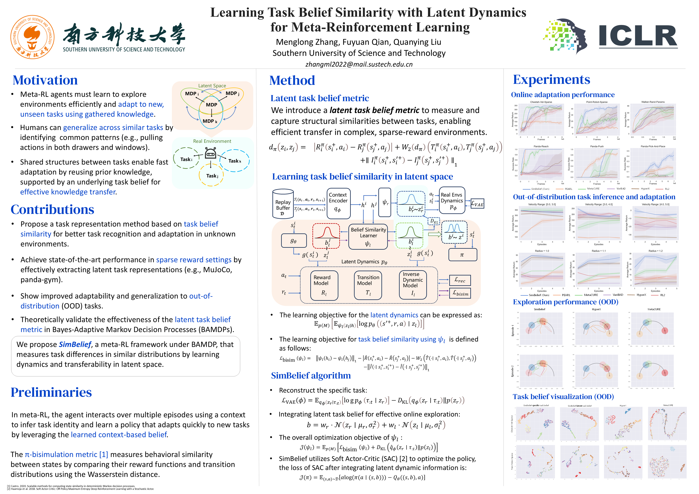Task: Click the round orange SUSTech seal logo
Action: point(32,37)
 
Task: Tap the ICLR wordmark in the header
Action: point(638,36)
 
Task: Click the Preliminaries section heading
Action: point(51,392)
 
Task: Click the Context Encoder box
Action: point(338,203)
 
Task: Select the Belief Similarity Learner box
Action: point(368,237)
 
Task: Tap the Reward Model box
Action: point(324,285)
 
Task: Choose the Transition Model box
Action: point(368,285)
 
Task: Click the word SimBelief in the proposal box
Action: point(75,344)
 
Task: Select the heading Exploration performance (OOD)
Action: point(565,302)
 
